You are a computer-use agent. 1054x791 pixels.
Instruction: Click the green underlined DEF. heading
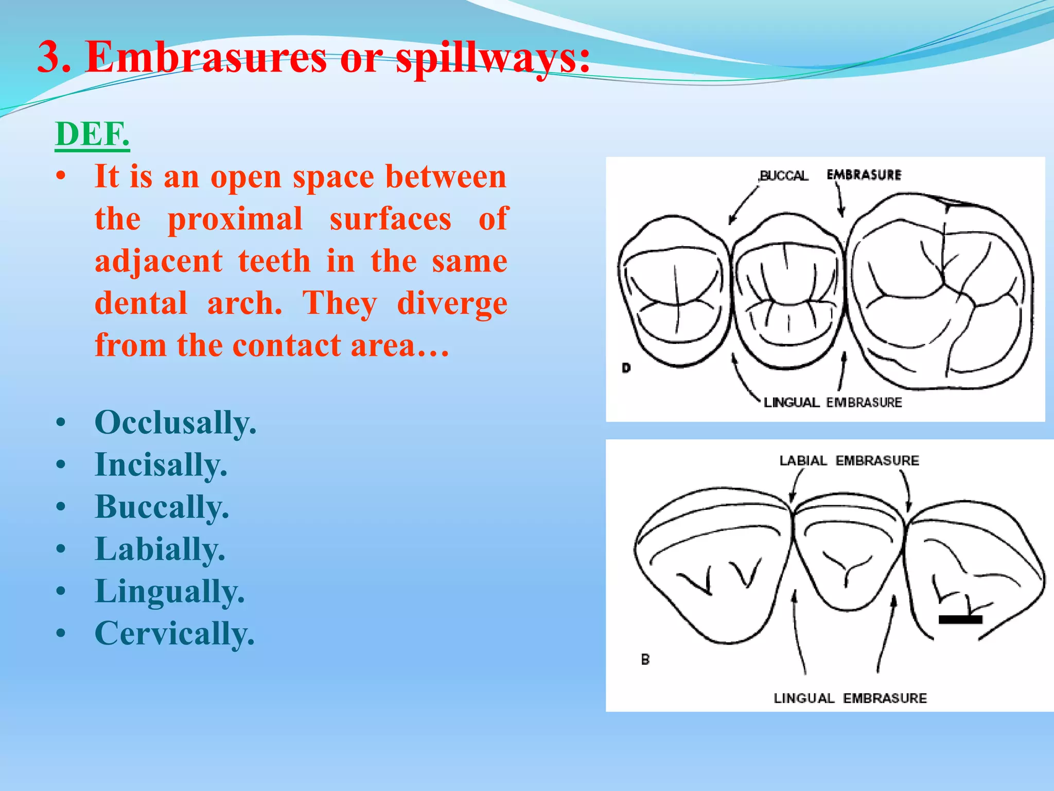pos(93,134)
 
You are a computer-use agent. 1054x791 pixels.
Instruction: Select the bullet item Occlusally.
pos(175,423)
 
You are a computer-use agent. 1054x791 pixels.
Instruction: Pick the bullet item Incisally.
pos(161,465)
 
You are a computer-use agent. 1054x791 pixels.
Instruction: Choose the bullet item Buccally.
pos(162,507)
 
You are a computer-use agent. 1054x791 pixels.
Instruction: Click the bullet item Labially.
pos(160,549)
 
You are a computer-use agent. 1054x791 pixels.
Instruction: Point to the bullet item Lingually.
pos(169,591)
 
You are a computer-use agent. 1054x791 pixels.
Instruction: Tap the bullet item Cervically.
pos(174,633)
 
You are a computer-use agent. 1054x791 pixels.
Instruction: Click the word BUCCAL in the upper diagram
pos(784,176)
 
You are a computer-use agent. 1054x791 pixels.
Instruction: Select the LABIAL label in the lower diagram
pos(803,460)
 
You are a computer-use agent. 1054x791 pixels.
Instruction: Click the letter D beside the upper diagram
pos(626,368)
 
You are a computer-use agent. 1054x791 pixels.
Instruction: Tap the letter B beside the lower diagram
pos(645,659)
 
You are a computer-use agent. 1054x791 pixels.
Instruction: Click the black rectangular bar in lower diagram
pos(960,620)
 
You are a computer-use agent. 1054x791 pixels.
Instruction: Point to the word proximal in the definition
pos(235,219)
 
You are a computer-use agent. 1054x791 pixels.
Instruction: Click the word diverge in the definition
pos(452,303)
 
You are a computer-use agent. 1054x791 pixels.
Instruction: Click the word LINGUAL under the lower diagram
pos(803,698)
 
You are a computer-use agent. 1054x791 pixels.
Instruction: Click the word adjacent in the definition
pos(159,261)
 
